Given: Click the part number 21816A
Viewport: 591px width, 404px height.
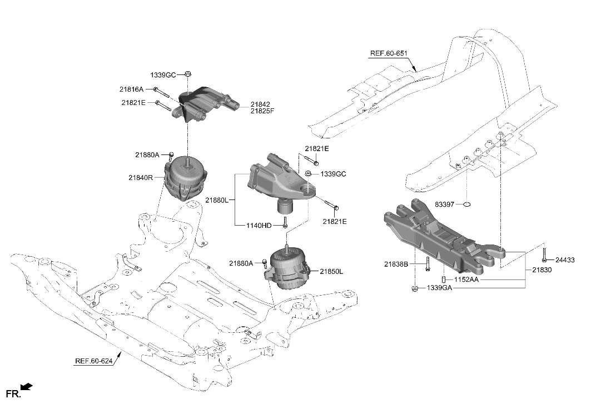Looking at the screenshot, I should (x=131, y=89).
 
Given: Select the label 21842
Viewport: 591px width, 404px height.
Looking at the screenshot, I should (x=260, y=104).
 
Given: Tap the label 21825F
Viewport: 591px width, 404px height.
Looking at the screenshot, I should (x=262, y=111).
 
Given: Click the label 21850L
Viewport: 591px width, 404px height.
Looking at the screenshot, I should (x=331, y=272).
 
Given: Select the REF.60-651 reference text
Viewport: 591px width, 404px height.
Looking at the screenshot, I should (x=389, y=54).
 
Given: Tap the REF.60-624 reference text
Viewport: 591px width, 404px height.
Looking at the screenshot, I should (x=93, y=361).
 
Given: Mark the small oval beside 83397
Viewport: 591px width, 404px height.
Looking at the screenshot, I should (x=466, y=205).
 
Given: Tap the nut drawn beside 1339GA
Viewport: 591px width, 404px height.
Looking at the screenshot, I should (x=415, y=288).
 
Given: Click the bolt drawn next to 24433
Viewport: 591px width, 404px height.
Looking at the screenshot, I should (x=545, y=255).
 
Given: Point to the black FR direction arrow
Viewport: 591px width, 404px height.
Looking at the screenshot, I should (x=26, y=386).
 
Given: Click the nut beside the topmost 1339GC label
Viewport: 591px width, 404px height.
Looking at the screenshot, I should (x=188, y=73).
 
